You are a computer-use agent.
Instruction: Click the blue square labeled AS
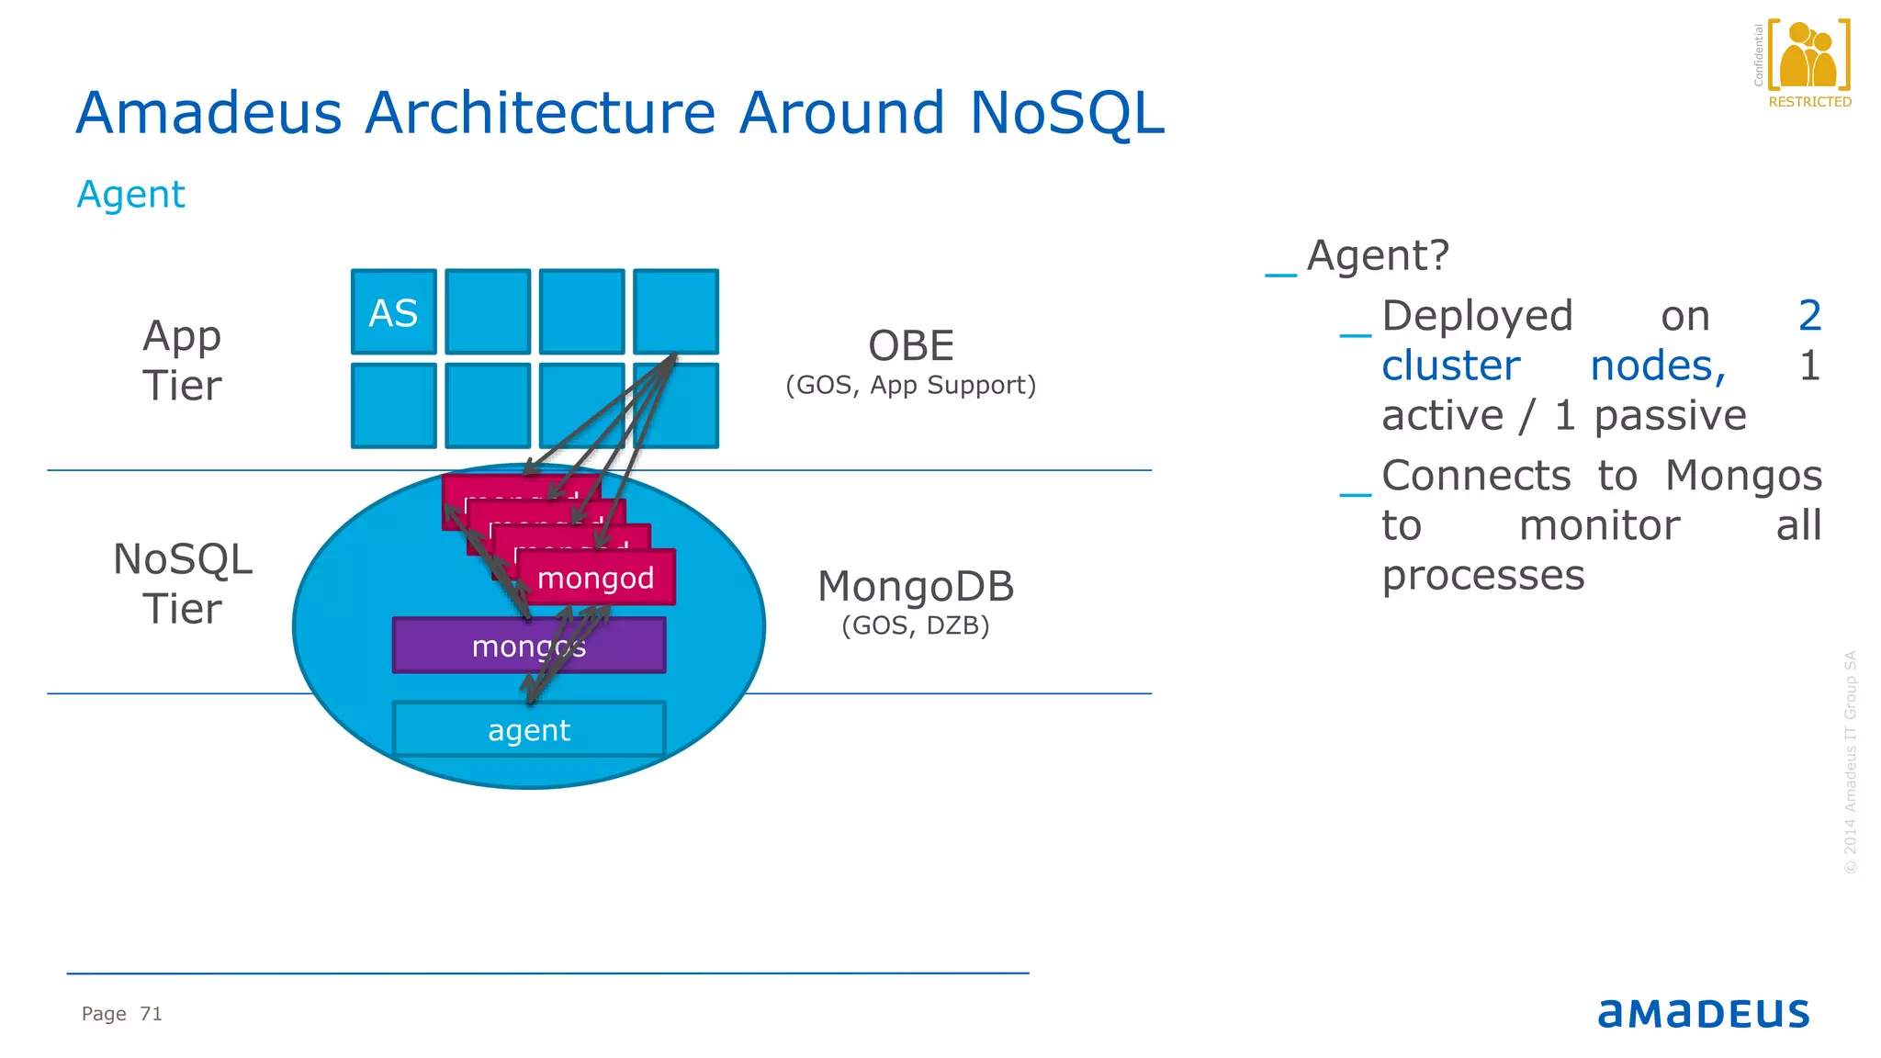point(393,312)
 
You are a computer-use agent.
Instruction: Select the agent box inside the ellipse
point(529,730)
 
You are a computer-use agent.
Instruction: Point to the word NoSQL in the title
point(1066,113)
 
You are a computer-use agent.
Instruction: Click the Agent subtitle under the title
point(131,195)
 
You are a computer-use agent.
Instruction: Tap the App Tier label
point(182,360)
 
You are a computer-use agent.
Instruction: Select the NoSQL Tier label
point(182,584)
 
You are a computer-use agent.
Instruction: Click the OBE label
point(911,346)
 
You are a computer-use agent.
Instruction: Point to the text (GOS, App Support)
point(911,385)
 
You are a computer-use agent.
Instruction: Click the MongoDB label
point(916,587)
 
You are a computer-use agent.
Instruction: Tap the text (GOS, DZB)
point(916,625)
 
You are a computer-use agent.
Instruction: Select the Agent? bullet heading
point(1378,255)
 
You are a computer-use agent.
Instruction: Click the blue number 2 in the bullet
point(1809,316)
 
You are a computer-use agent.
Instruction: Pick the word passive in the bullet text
point(1670,415)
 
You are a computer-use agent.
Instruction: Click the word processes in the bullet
point(1483,576)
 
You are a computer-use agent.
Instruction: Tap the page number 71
point(151,1014)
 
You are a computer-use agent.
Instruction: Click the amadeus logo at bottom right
point(1703,1013)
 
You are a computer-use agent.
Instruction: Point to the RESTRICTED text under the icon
point(1809,102)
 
